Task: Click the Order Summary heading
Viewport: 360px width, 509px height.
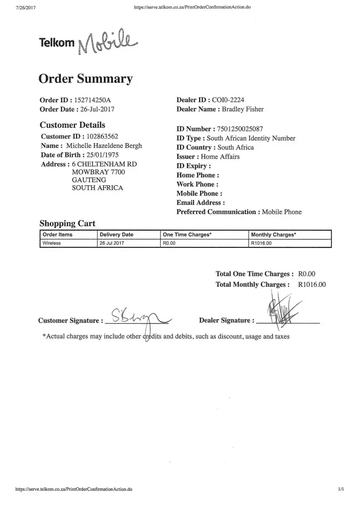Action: [x=86, y=79]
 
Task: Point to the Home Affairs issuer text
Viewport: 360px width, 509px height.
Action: [x=220, y=157]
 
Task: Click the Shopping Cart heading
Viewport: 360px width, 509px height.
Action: [x=67, y=223]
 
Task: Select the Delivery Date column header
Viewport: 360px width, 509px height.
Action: [x=116, y=235]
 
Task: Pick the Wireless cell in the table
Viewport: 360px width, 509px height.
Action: [x=52, y=243]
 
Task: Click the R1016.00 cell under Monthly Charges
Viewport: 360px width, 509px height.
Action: [x=262, y=243]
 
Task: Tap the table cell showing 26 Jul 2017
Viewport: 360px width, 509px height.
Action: [x=113, y=243]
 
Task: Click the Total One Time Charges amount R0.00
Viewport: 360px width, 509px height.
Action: [x=307, y=274]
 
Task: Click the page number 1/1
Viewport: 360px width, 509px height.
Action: [x=341, y=489]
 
